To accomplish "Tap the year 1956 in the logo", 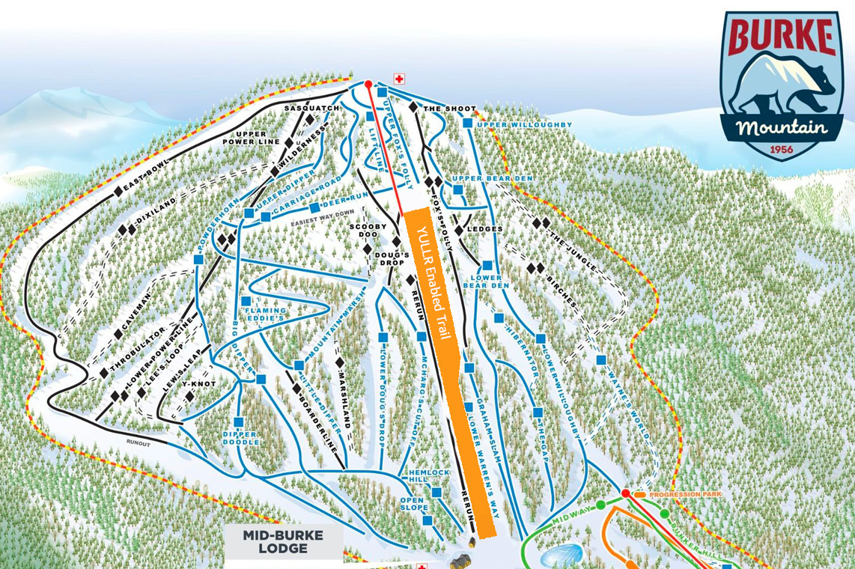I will point(782,149).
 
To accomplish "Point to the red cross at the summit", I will point(399,79).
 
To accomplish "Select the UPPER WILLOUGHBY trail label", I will point(524,124).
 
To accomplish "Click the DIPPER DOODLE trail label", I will point(240,438).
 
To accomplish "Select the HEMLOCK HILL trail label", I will point(429,478).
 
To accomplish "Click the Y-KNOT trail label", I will point(198,383).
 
